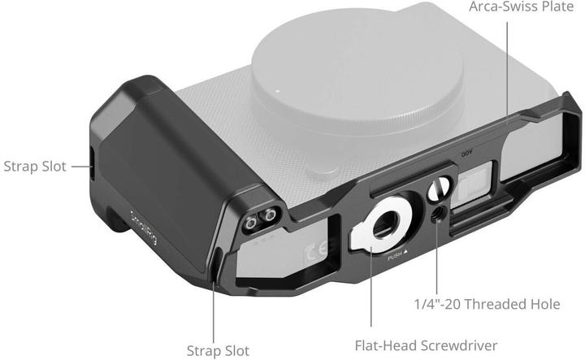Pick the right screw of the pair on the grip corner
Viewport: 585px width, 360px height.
266,217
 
